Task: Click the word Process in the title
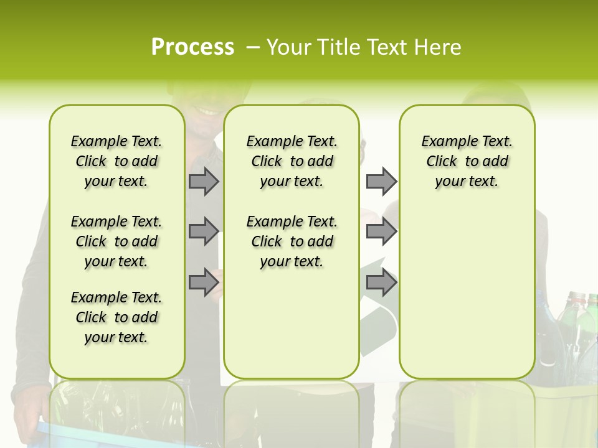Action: click(192, 47)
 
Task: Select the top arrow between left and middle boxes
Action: click(204, 182)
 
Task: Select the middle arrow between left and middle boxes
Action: click(204, 231)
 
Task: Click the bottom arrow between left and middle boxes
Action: click(204, 282)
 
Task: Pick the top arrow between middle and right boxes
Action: click(381, 182)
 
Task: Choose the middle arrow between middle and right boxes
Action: click(381, 231)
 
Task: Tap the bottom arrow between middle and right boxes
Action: click(381, 282)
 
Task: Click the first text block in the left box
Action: click(116, 161)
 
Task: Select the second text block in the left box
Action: click(116, 241)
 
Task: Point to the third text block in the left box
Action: click(116, 317)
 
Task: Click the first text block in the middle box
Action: click(292, 161)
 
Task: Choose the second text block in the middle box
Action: click(292, 241)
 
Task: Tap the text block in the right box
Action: click(467, 161)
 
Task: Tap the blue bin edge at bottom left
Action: click(44, 429)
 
